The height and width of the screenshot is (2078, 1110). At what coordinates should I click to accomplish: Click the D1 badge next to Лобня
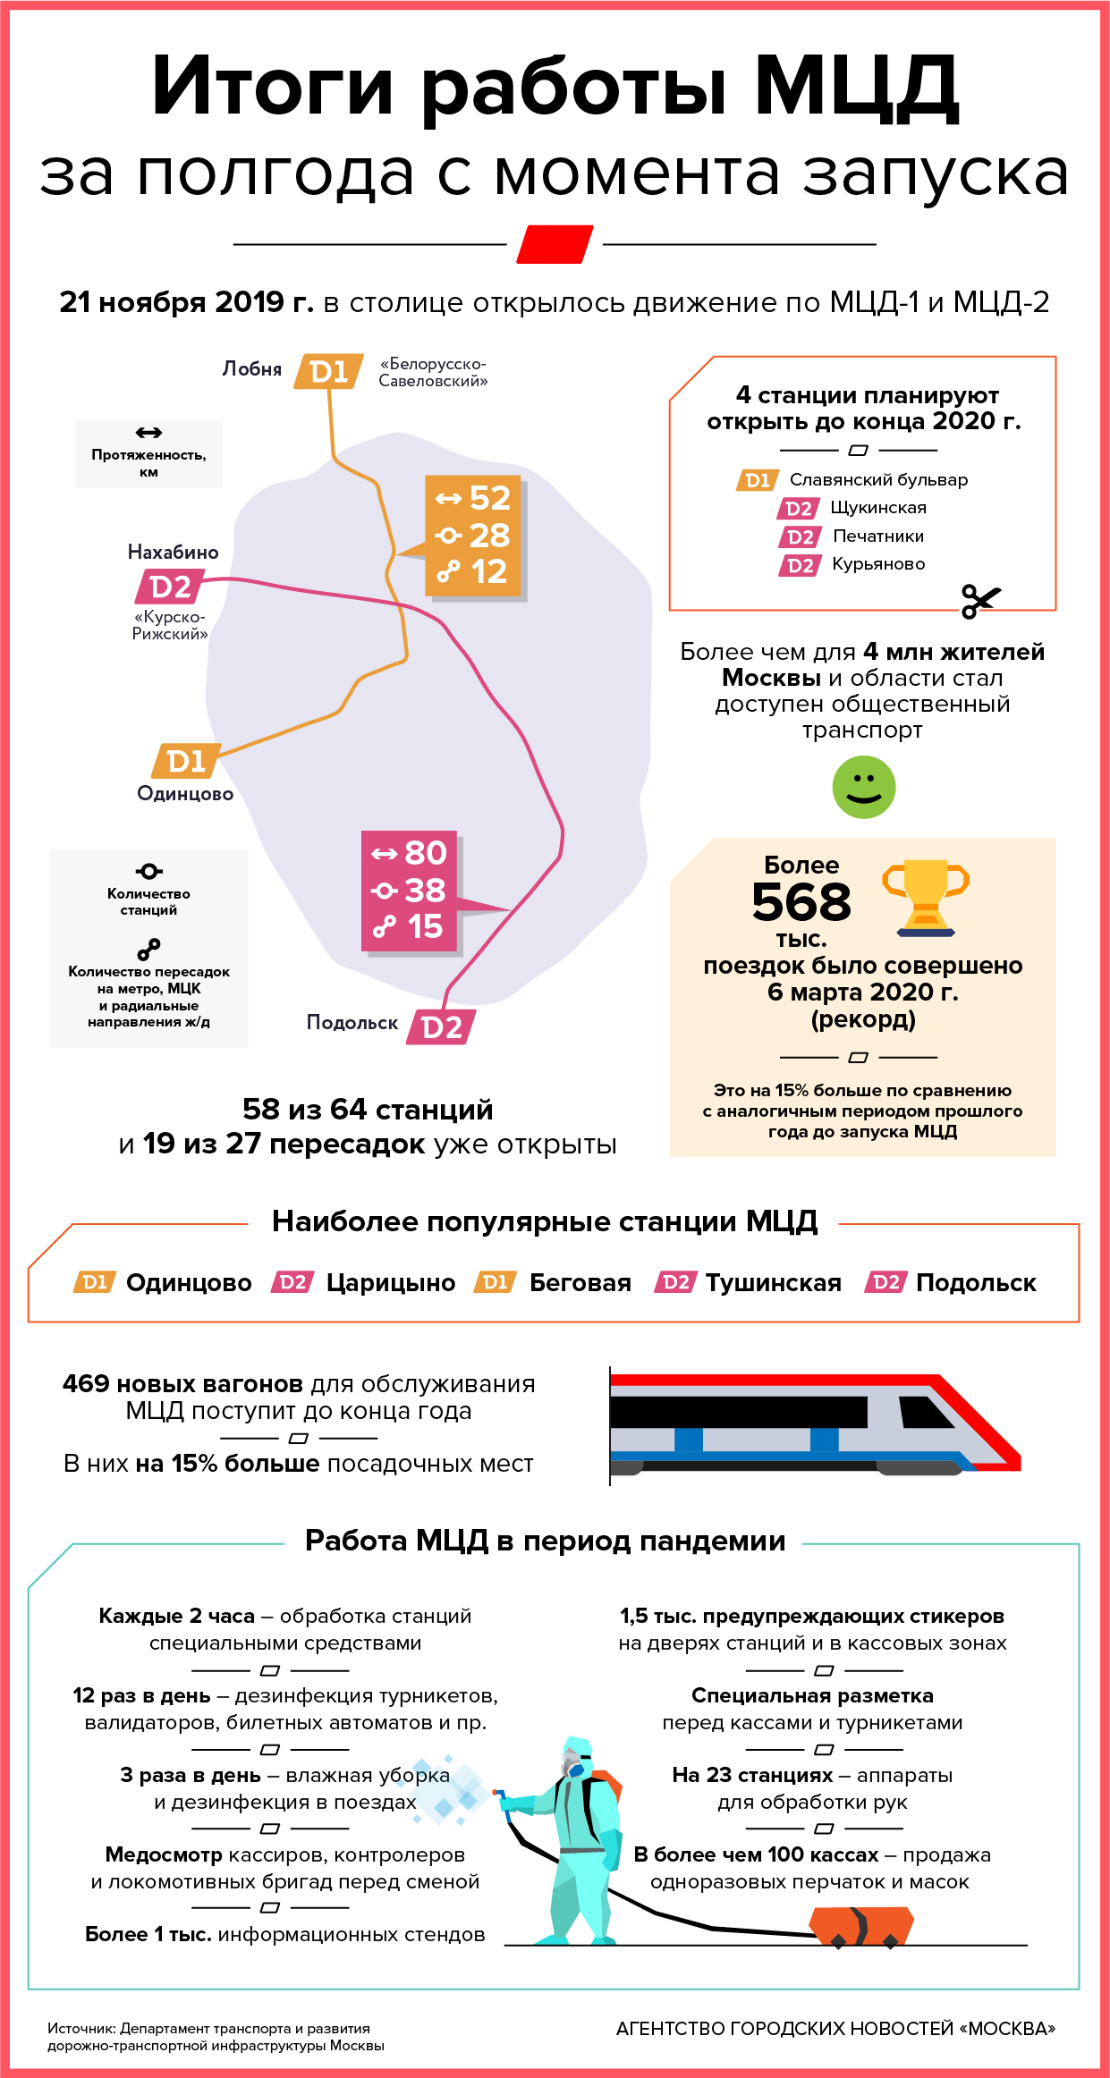328,371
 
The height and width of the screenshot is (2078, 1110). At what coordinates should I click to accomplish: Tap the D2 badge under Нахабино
170,587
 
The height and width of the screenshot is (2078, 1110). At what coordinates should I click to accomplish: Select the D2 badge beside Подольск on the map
441,1027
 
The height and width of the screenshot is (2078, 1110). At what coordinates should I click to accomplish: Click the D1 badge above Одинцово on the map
186,761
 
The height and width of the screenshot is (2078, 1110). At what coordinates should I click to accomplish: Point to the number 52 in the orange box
489,498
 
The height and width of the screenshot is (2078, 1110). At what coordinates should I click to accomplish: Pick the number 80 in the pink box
425,853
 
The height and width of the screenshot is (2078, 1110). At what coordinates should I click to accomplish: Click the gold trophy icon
926,896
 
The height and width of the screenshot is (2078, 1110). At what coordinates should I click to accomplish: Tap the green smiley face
863,787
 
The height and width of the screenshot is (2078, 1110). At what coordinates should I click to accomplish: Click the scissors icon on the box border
980,601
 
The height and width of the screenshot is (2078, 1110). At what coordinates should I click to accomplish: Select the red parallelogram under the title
555,244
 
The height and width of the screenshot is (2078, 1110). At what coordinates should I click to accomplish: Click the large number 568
801,902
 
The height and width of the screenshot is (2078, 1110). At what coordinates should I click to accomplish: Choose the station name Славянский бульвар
878,480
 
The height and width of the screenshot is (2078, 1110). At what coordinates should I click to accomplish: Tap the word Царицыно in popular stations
391,1283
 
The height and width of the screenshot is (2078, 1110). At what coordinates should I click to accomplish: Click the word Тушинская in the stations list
774,1283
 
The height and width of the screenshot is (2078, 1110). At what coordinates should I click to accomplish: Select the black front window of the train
926,1414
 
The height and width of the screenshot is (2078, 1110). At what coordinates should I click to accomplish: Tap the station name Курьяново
878,564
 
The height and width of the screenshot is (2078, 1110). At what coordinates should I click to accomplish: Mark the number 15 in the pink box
425,927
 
